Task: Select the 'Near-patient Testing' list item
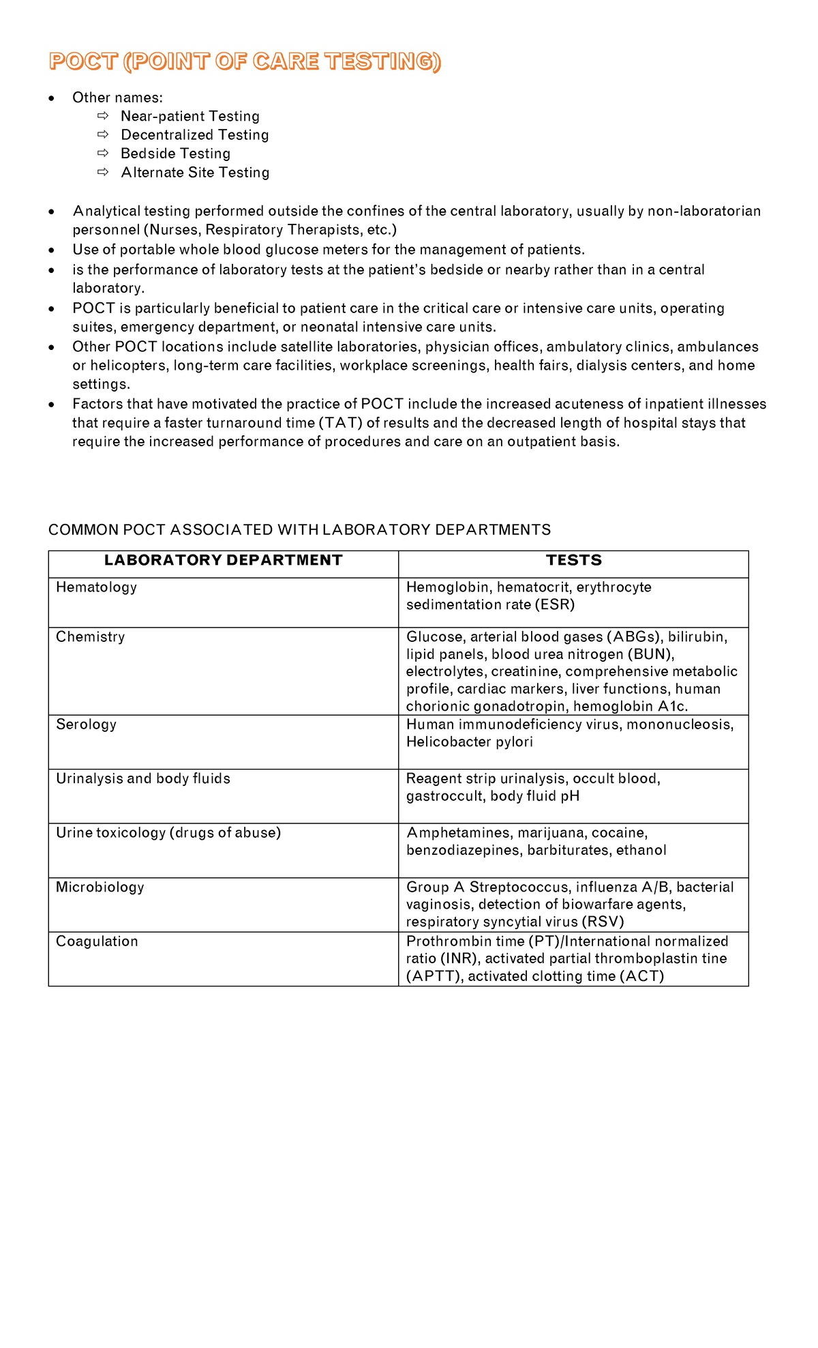pos(190,117)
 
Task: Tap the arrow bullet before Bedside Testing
pos(103,153)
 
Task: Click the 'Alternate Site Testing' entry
pos(195,173)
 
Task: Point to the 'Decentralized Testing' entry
pos(194,135)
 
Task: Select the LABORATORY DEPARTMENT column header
pos(223,561)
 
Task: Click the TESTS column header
pos(573,561)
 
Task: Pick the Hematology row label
pos(96,587)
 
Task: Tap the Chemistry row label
pos(90,637)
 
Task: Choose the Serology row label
pos(86,724)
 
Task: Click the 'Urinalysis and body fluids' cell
pos(142,779)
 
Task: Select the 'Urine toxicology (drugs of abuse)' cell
pos(168,833)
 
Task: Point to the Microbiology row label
pos(100,888)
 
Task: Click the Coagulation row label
pos(97,941)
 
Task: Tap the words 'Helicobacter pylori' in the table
pos(469,742)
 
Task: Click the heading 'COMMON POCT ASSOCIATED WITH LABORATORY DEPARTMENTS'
pos(299,530)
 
